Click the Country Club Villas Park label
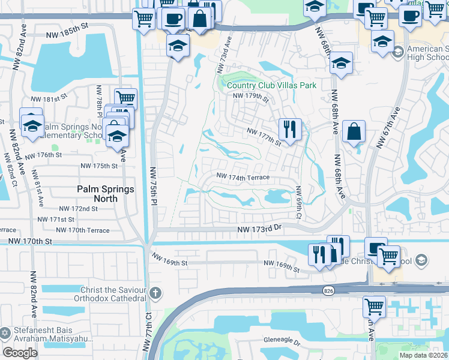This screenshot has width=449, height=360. tap(271, 86)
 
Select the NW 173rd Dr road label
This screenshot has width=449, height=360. tap(259, 228)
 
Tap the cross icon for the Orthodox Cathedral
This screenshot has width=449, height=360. tap(155, 293)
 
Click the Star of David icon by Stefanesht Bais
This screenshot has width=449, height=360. tap(5, 332)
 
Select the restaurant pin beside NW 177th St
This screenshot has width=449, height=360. tap(289, 129)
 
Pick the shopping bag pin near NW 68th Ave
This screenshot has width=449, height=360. tap(355, 131)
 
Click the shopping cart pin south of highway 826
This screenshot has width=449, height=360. tap(374, 306)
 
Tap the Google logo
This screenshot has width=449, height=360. tap(20, 353)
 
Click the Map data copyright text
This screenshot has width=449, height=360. tap(423, 355)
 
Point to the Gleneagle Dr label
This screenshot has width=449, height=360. tap(281, 341)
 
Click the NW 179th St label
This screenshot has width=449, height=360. tap(250, 96)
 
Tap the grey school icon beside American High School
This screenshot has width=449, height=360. tap(397, 53)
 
